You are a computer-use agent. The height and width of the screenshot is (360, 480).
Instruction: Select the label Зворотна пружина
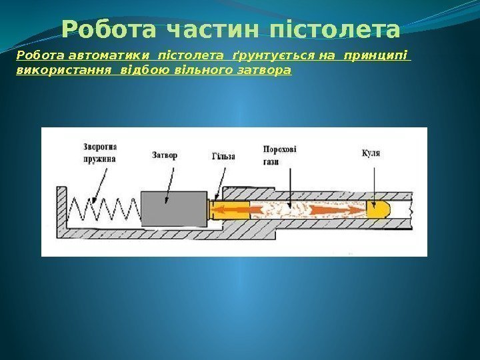[100, 153]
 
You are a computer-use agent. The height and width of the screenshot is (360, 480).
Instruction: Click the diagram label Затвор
[165, 155]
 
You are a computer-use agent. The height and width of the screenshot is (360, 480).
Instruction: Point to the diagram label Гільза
[224, 156]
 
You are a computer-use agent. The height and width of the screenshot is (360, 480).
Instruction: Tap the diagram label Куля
[371, 153]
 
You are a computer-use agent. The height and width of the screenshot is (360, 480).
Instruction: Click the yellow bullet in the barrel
[377, 210]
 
